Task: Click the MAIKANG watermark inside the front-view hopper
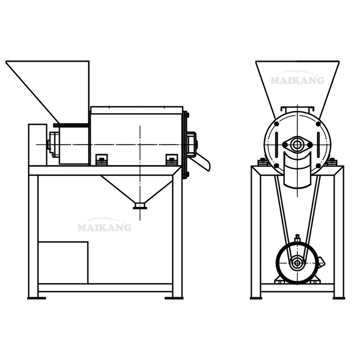coord(297,80)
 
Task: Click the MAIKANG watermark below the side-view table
coord(104,227)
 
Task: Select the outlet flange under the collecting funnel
coord(140,206)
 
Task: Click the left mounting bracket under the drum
coord(102,159)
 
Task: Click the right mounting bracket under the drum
coord(171,159)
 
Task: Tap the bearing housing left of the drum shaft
coord(53,144)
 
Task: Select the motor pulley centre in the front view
coord(297,262)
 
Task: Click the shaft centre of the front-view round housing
coord(297,145)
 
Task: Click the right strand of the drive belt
coord(312,212)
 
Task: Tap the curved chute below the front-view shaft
coord(297,169)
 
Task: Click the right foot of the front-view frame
coord(339,297)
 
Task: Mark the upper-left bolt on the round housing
coord(276,124)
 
